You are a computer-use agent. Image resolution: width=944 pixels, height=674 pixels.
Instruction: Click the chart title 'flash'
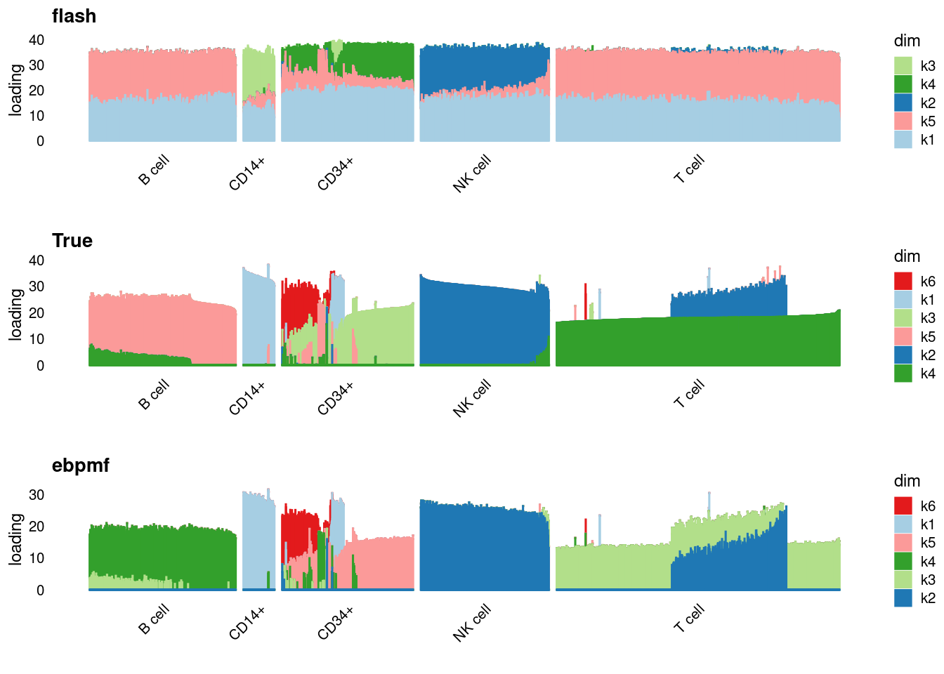74,16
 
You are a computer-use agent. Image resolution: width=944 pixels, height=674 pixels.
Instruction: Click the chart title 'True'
72,241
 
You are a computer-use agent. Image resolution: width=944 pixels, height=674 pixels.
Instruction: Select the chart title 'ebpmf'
80,465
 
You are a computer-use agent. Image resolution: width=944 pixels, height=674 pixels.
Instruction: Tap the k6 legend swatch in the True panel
903,282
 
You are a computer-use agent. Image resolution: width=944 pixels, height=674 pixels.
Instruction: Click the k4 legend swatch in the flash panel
903,84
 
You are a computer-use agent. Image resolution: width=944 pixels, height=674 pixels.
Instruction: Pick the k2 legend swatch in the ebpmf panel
903,598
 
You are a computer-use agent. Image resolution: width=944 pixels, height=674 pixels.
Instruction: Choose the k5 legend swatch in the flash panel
903,121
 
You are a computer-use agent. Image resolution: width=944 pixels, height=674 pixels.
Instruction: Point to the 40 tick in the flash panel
37,40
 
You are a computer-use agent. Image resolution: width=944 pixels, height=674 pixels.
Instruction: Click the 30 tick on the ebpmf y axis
37,495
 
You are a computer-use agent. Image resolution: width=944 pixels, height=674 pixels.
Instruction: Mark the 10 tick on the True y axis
37,339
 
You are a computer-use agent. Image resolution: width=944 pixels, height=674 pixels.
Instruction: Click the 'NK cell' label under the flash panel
472,173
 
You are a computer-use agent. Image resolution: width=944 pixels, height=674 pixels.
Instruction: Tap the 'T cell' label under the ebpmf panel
689,617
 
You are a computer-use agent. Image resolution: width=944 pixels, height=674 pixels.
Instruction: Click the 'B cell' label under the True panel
154,395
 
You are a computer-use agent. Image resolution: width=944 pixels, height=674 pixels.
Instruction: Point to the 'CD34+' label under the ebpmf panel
336,623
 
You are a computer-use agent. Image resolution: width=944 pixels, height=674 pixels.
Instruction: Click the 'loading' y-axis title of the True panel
15,313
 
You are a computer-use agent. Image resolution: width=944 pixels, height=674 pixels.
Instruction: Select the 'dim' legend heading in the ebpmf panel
907,481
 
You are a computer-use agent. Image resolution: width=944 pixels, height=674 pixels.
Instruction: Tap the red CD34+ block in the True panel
299,302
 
